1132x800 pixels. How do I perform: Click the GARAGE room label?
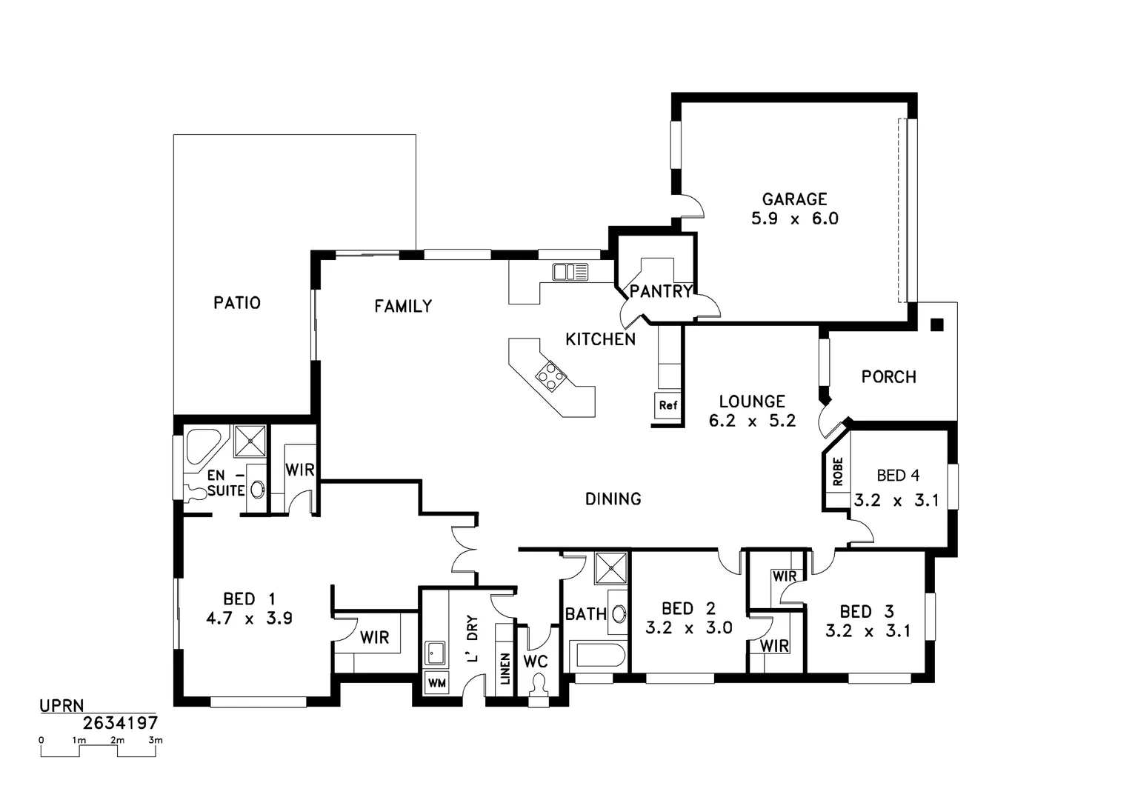coord(794,199)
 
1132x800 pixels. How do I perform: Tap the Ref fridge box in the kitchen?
coord(667,405)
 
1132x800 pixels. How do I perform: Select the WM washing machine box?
coord(436,683)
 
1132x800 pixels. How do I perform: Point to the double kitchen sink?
coord(570,273)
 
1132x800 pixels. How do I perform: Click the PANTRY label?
coord(661,291)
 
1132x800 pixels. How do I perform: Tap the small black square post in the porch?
coord(937,324)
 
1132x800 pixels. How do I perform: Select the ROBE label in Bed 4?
coord(838,472)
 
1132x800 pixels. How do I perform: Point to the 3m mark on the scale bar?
coord(155,740)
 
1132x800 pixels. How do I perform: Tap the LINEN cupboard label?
coord(505,668)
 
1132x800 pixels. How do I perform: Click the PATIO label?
coord(237,303)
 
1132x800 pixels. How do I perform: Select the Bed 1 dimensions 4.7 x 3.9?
coord(249,618)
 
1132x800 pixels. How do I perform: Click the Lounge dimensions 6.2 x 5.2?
coord(752,421)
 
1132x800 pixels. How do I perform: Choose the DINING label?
coord(613,499)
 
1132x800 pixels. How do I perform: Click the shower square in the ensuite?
coord(250,441)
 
